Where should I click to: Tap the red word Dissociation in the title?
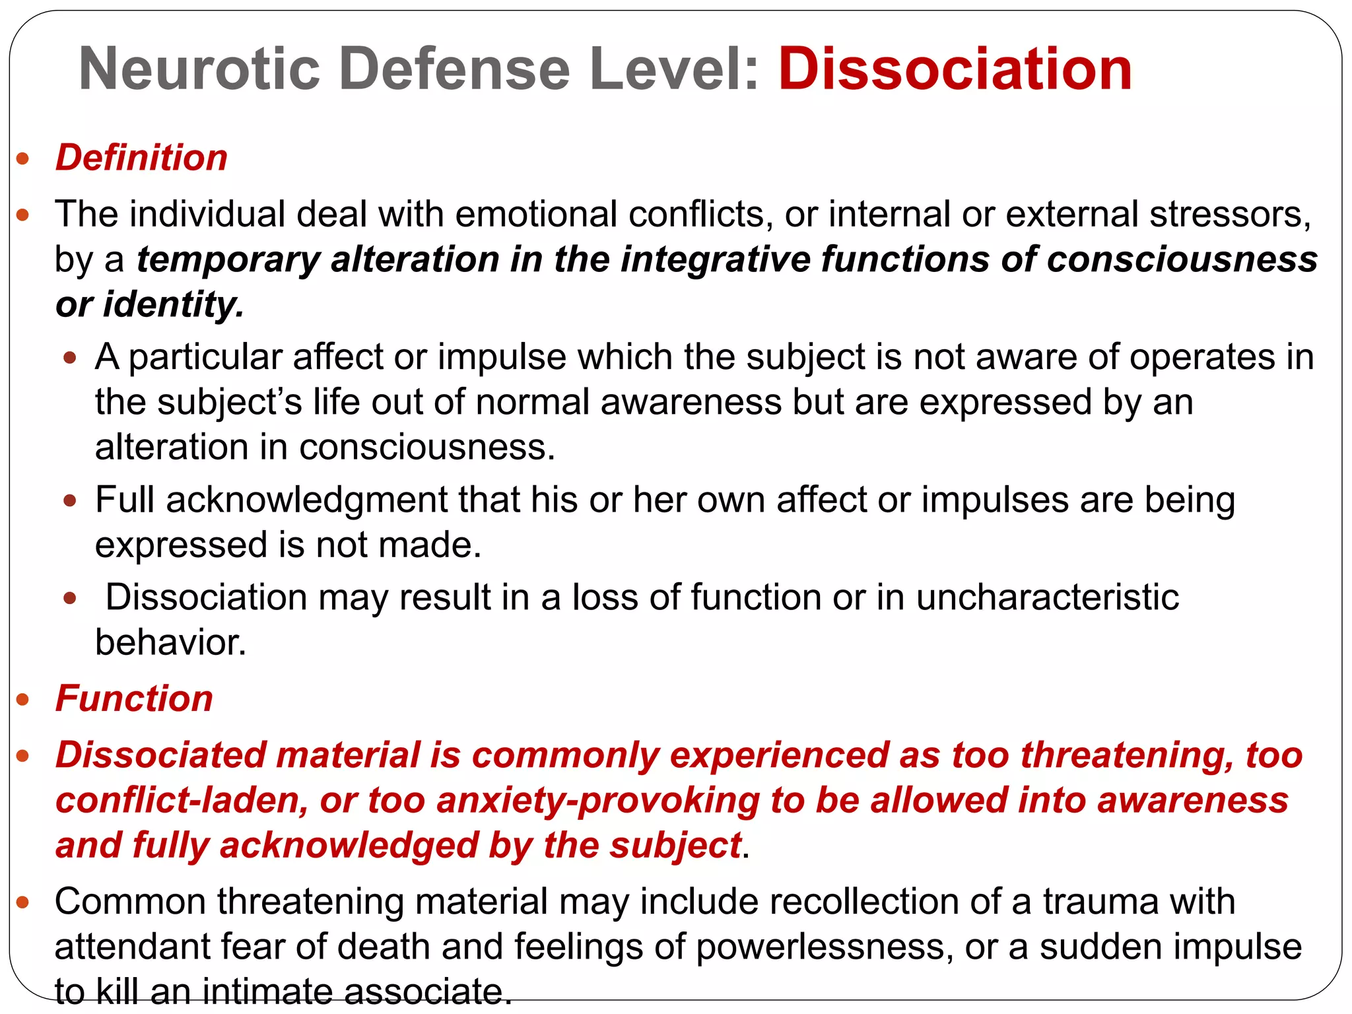click(x=955, y=69)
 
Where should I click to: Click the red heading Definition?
click(x=141, y=158)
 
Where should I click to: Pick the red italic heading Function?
click(x=134, y=698)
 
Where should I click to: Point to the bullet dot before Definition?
click(x=24, y=159)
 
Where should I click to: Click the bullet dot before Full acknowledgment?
click(x=70, y=500)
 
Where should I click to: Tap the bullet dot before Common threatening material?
click(x=24, y=902)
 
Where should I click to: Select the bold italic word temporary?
click(x=228, y=259)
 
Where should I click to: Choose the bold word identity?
click(x=173, y=304)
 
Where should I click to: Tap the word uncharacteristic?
click(x=1047, y=597)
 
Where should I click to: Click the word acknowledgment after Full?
click(x=307, y=500)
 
